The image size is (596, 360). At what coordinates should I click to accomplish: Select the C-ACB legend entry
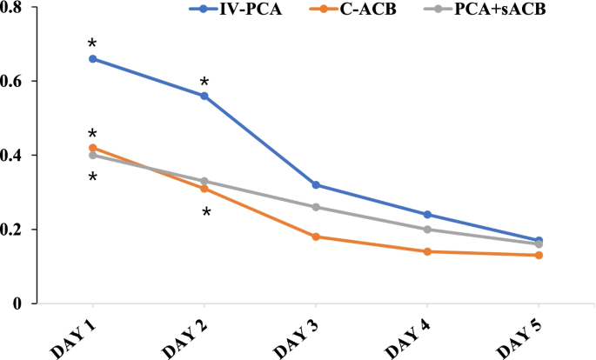click(x=358, y=10)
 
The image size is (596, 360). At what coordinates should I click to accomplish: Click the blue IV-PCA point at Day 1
click(x=92, y=58)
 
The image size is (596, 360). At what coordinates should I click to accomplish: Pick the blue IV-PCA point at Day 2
click(x=204, y=96)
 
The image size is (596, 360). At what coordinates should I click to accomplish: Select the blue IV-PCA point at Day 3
click(x=316, y=184)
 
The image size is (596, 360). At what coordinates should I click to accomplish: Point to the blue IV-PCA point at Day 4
click(x=427, y=214)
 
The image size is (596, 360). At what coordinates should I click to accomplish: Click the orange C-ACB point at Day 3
click(x=316, y=237)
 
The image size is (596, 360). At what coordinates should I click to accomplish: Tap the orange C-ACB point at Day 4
click(x=427, y=251)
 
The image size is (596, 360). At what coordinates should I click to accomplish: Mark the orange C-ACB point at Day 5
click(x=539, y=255)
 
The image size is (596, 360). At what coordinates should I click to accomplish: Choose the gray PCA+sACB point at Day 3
click(x=316, y=207)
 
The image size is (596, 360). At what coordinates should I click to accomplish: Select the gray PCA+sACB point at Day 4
click(x=427, y=230)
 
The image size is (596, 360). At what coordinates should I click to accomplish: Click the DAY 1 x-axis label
click(x=74, y=335)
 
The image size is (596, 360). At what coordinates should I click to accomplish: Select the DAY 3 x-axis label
click(x=298, y=335)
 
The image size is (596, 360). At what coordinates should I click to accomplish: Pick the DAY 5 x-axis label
click(x=520, y=335)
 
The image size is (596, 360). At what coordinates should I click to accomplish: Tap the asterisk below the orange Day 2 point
click(x=206, y=212)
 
